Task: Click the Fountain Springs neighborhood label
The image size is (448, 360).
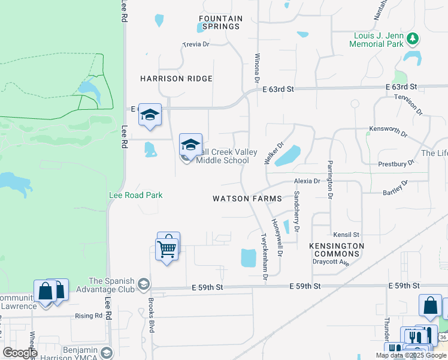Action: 220,23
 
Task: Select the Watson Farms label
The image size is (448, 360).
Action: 238,198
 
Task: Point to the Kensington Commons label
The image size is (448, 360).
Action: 337,250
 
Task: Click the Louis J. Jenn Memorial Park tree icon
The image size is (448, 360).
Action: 412,39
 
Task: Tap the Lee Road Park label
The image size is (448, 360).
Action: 135,195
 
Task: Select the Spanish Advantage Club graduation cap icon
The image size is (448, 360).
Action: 143,283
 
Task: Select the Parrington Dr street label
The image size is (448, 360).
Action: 330,179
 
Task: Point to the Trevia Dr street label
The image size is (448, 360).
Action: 196,44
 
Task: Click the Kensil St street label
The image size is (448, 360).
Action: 347,235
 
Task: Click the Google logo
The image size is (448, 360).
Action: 20,353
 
